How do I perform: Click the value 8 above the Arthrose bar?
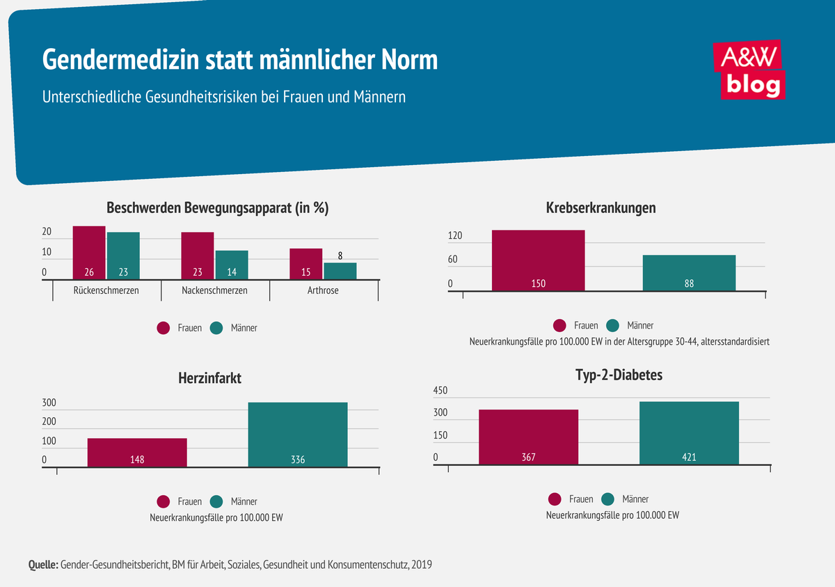[x=340, y=256]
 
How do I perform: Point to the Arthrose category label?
[x=323, y=290]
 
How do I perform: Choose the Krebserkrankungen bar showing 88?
[x=689, y=272]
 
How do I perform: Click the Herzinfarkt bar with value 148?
[x=137, y=452]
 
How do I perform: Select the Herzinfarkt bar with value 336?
[x=297, y=434]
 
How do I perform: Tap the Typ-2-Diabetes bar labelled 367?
[x=528, y=436]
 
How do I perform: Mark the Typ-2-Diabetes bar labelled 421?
[x=689, y=432]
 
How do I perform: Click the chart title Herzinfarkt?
[x=210, y=378]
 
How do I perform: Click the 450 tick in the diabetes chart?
[x=441, y=391]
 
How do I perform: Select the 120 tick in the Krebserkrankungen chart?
[x=455, y=237]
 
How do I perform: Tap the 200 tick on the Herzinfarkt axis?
[x=49, y=422]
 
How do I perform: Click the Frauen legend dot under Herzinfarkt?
[x=164, y=501]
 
